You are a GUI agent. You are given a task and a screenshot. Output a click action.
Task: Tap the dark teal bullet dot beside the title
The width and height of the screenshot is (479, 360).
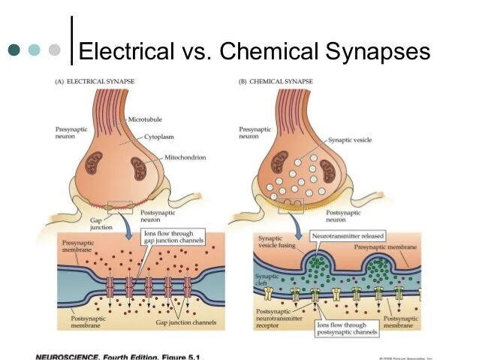[14, 51]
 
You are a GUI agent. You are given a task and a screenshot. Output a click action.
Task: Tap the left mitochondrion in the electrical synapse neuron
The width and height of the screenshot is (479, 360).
[94, 165]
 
